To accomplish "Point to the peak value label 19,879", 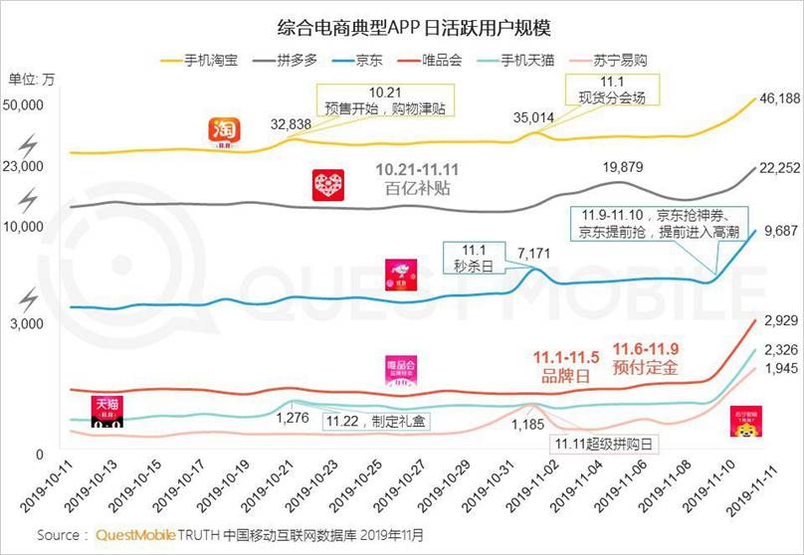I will [623, 167].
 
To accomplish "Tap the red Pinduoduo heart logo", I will [328, 186].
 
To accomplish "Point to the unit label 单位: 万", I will [33, 79].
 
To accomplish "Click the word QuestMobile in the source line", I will [139, 535].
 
